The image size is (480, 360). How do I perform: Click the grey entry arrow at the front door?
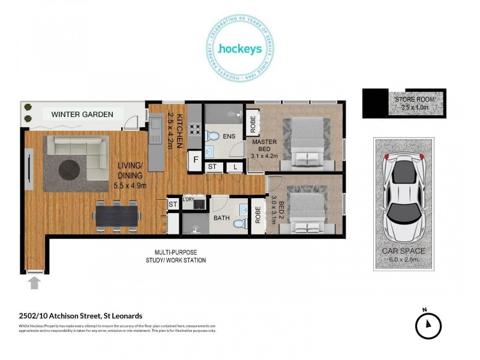click(x=34, y=282)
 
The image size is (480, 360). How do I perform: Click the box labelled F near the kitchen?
click(x=195, y=160)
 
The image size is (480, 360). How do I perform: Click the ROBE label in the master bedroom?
click(x=253, y=123)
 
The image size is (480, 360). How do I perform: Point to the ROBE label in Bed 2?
click(x=258, y=216)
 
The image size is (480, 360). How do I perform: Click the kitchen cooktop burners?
click(x=194, y=127)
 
